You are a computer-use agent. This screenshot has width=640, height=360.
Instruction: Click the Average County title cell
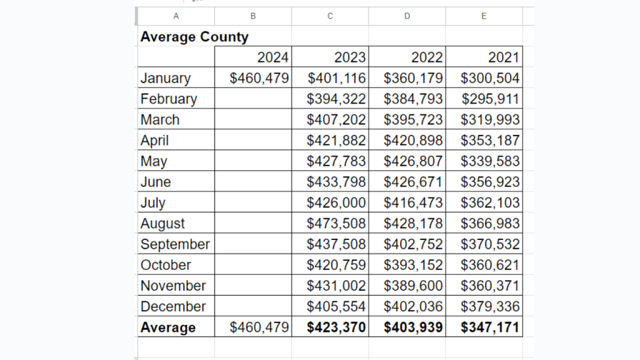194,37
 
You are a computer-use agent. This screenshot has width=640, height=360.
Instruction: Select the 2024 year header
272,57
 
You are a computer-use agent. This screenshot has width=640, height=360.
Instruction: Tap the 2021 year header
503,57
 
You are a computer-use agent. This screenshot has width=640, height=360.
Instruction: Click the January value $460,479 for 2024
259,78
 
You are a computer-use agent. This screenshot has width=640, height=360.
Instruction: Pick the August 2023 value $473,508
336,223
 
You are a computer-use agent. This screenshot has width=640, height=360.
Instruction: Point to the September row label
175,244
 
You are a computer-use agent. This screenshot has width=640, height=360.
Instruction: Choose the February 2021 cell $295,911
490,99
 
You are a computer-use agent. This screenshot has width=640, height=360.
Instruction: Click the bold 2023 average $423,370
336,327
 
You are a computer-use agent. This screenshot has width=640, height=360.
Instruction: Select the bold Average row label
168,327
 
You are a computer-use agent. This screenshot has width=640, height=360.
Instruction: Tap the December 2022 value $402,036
413,306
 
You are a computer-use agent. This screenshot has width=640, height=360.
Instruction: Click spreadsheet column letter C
330,16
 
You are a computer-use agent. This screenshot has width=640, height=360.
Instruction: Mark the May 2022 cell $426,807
413,161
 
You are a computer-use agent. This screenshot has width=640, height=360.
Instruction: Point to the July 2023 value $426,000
336,202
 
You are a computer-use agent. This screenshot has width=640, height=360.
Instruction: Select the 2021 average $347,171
490,327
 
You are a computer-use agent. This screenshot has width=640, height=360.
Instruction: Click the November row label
173,286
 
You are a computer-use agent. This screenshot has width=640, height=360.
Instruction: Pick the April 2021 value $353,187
490,140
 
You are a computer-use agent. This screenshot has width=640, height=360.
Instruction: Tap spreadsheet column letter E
484,16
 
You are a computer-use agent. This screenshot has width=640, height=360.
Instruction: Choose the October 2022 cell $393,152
413,264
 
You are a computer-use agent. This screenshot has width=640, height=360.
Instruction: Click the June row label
156,182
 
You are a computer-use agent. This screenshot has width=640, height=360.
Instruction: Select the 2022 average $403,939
413,327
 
